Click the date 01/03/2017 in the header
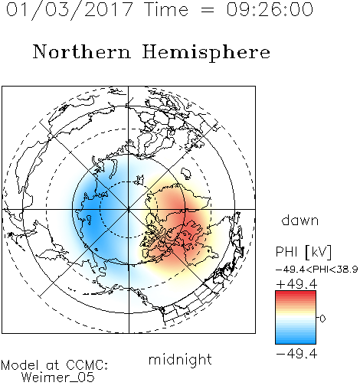point(70,9)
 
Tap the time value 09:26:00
point(270,9)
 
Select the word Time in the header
point(166,9)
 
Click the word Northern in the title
point(82,52)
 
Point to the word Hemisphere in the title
point(206,53)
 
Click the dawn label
point(300,220)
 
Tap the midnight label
point(180,359)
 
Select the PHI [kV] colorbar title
point(303,252)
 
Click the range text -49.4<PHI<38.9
point(316,270)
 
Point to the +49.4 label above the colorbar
point(296,284)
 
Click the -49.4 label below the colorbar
point(296,354)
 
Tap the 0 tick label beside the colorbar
point(322,319)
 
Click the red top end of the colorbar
point(296,293)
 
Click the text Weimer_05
point(58,378)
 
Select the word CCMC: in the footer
point(87,365)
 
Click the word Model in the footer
point(20,365)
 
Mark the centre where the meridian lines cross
point(129,209)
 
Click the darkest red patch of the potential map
point(189,231)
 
